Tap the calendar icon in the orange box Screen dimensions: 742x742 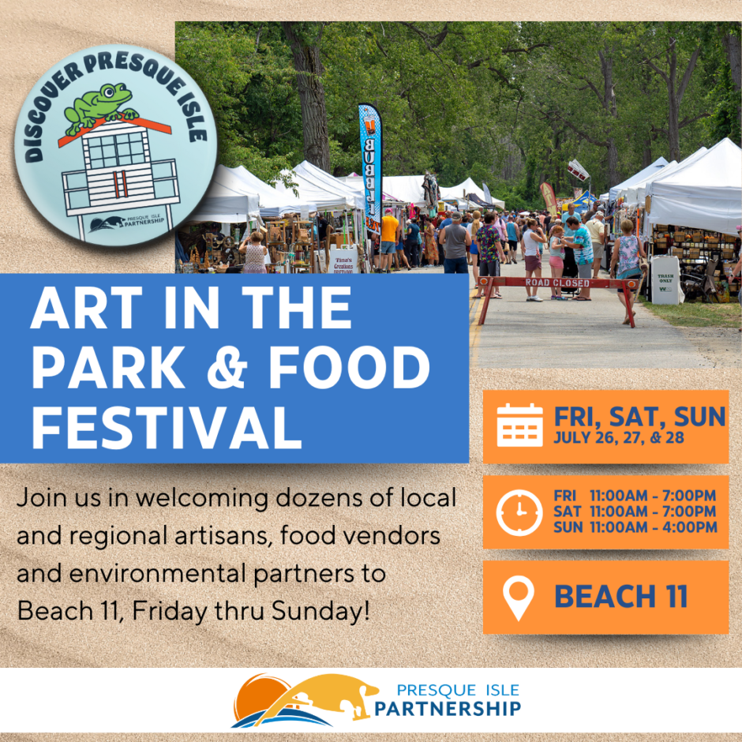coord(519,425)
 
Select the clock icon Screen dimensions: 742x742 coord(519,512)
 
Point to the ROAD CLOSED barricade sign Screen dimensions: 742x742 coord(558,283)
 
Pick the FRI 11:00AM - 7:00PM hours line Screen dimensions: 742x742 coord(635,496)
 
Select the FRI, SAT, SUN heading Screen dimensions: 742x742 coord(639,416)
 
